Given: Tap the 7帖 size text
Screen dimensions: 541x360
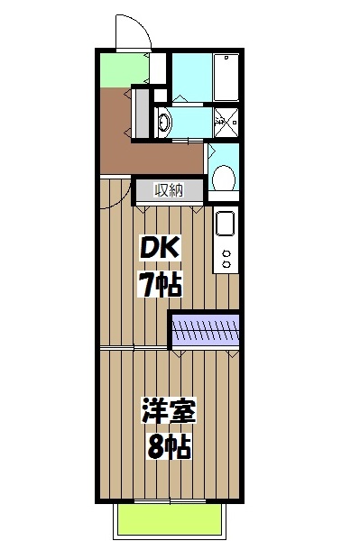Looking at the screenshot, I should click(160, 285).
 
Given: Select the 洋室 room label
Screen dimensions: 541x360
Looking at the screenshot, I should click(169, 411).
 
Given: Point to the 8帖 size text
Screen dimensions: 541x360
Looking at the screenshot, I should click(169, 445).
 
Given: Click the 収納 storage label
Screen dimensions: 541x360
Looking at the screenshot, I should click(168, 190).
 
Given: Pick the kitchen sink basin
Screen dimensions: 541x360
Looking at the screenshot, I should click(226, 222).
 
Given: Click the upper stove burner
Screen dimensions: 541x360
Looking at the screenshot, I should click(226, 251).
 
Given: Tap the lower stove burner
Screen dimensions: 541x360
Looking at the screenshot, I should click(226, 265).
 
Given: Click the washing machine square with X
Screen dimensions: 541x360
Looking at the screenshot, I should click(226, 120).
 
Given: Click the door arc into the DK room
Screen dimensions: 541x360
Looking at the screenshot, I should click(115, 195).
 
